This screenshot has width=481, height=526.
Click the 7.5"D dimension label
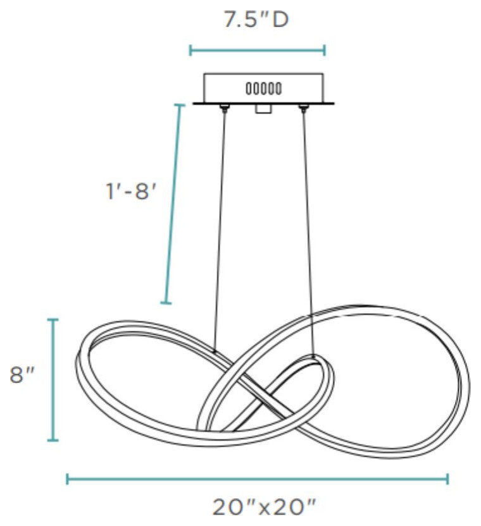[x=256, y=20]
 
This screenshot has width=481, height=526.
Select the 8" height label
[x=22, y=375]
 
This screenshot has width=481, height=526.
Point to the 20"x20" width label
[x=265, y=507]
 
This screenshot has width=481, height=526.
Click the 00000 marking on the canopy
[x=264, y=89]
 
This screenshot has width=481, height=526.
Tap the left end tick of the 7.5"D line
[x=191, y=51]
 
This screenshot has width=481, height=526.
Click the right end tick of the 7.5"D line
[x=324, y=51]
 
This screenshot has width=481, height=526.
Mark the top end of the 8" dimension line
[x=53, y=320]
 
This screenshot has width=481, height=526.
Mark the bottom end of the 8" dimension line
[x=53, y=440]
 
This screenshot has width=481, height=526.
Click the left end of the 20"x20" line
[x=68, y=479]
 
